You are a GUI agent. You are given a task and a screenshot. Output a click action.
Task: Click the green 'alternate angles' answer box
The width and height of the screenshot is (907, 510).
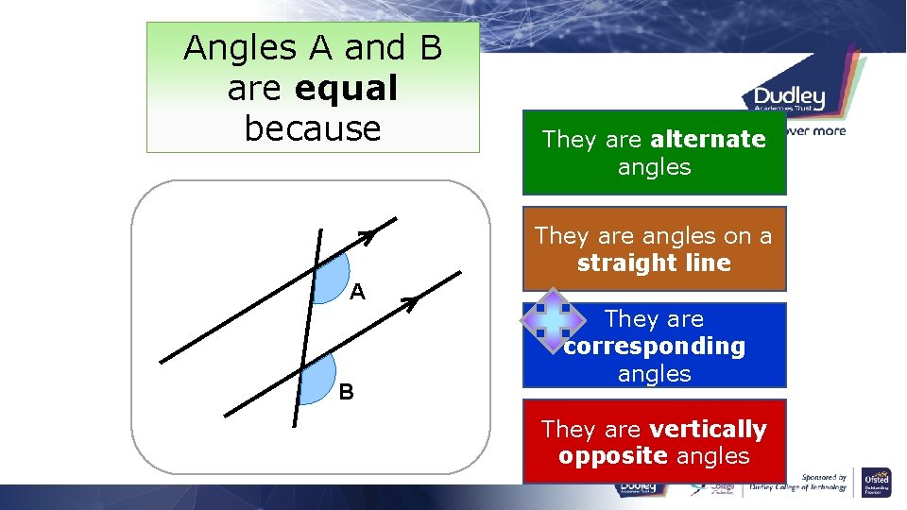tap(654, 154)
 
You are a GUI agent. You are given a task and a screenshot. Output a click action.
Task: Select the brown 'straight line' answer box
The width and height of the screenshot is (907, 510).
tap(654, 248)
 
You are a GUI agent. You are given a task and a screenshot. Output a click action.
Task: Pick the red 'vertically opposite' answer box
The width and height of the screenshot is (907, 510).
tap(654, 442)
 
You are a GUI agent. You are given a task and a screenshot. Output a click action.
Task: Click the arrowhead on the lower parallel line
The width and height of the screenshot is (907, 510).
tap(410, 302)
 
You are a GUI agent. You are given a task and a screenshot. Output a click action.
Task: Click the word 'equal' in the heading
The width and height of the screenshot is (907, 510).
tap(346, 89)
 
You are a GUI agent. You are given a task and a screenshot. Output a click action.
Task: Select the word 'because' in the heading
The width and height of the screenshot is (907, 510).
tap(313, 128)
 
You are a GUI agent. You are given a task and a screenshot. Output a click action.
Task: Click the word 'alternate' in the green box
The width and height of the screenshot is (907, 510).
tap(708, 140)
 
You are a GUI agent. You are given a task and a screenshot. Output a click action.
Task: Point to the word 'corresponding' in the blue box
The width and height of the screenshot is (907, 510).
tap(655, 347)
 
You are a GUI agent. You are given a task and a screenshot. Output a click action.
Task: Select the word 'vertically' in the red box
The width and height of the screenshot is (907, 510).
tap(708, 430)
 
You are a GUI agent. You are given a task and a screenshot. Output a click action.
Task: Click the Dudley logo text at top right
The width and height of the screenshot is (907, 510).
tap(790, 97)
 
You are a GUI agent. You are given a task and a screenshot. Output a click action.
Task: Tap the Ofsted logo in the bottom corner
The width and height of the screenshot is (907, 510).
tap(878, 483)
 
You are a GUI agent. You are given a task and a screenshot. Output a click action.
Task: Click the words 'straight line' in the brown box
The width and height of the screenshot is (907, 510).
tap(654, 263)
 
